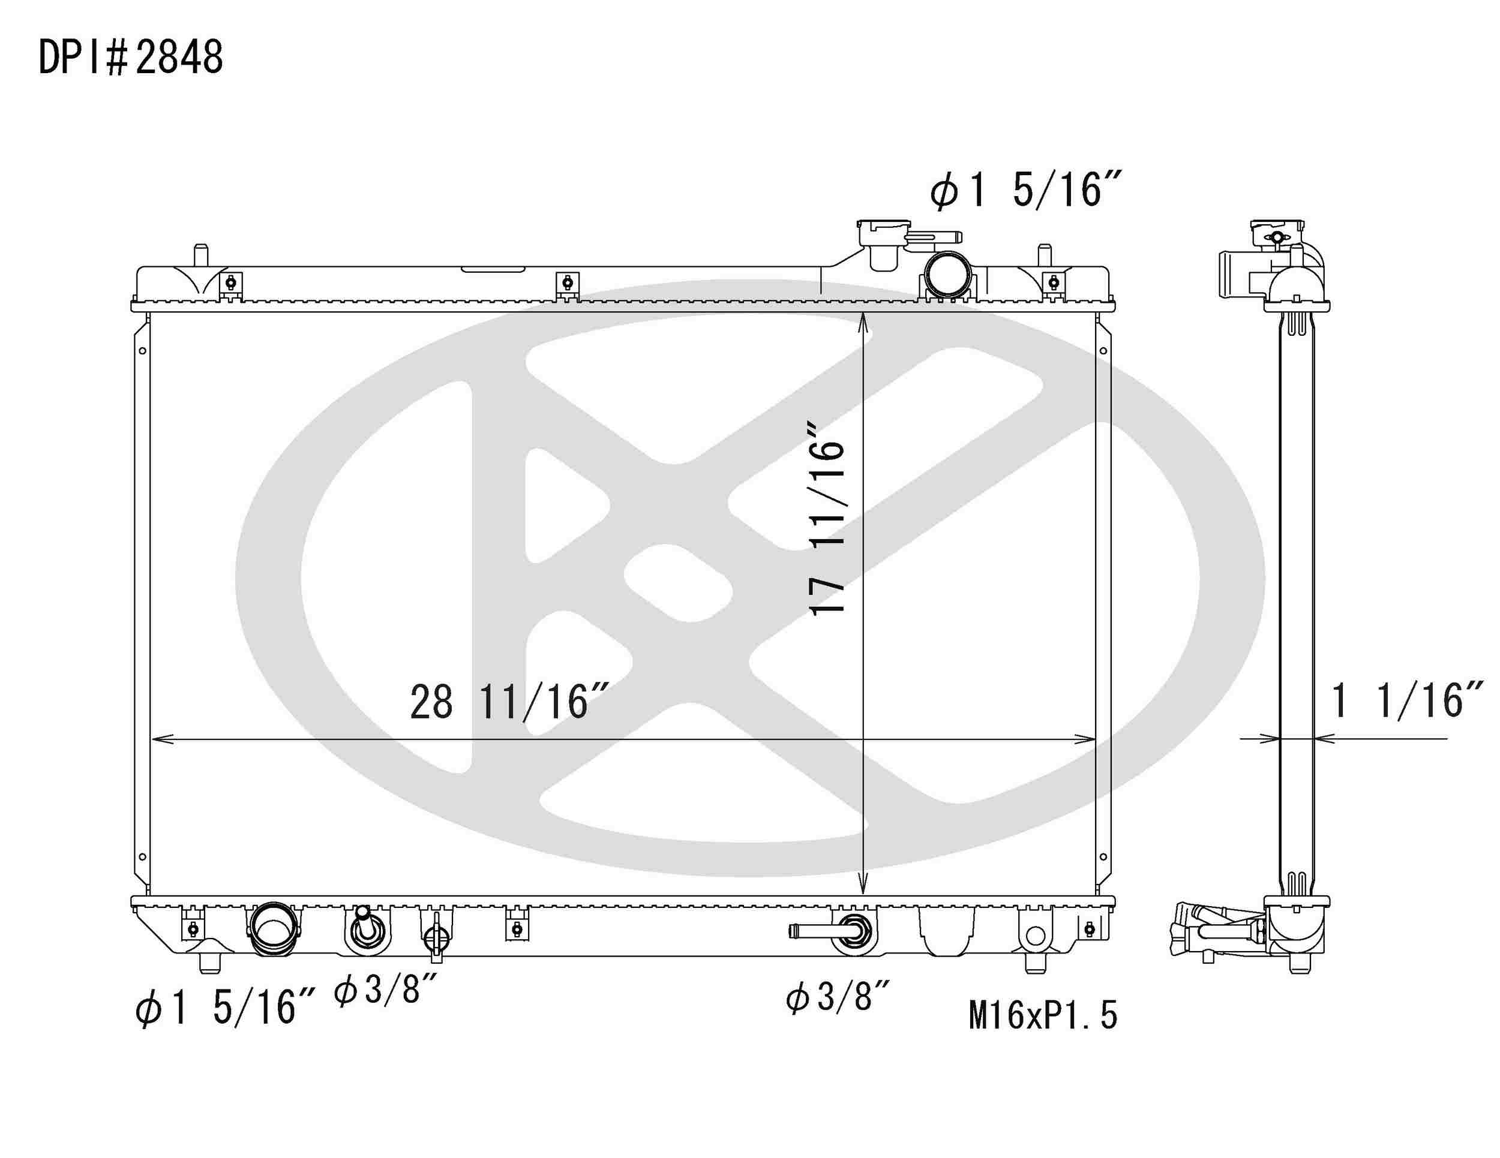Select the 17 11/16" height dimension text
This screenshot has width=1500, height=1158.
coord(827,519)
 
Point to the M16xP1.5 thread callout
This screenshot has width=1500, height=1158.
coord(1043,1015)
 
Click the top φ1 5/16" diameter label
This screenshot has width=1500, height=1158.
coord(1026,190)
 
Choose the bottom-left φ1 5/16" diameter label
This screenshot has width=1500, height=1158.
coord(225,1007)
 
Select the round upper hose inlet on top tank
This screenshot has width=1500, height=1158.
coord(948,275)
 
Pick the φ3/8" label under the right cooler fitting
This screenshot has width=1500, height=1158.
coord(837,997)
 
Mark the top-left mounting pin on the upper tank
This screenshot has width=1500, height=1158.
coord(200,255)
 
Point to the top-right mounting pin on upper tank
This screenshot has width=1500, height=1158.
coord(1044,255)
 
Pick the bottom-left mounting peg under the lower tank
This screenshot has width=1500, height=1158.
coord(210,963)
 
